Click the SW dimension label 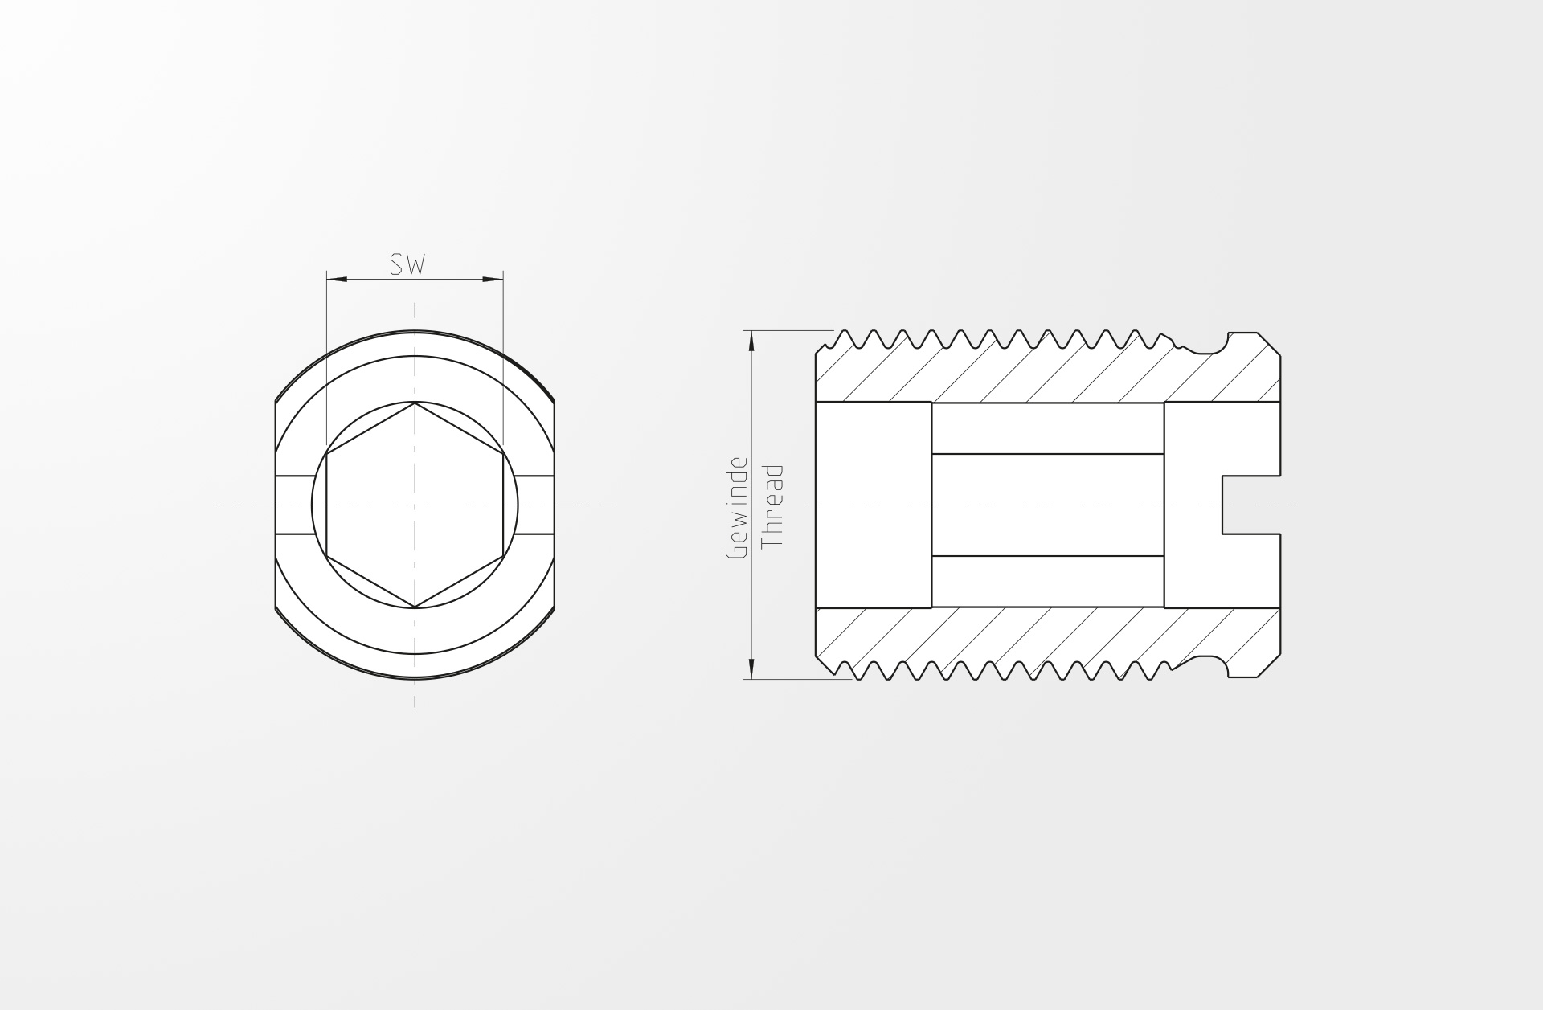[407, 264]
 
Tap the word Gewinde [736, 508]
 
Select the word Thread [771, 505]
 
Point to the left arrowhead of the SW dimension [337, 280]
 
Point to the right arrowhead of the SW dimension [493, 280]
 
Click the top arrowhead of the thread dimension [751, 341]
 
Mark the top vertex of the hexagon [415, 403]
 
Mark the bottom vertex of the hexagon [415, 607]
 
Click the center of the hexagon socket [415, 505]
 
